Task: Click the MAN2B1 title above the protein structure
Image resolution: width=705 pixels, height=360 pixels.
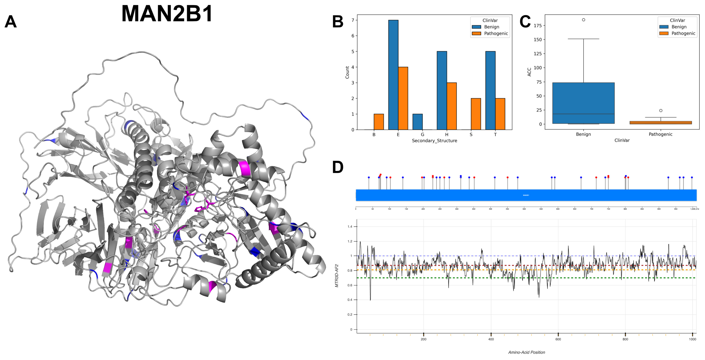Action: point(167,14)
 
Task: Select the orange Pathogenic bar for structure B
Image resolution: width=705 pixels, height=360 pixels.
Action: point(379,122)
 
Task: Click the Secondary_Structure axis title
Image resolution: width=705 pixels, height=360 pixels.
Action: point(434,141)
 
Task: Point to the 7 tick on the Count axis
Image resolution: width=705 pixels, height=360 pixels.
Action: point(353,20)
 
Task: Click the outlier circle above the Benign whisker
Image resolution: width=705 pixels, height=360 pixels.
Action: point(583,20)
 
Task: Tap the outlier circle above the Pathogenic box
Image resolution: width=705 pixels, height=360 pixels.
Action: point(661,111)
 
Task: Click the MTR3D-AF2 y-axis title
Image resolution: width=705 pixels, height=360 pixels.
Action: point(337,276)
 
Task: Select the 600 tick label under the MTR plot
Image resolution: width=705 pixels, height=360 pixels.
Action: point(558,339)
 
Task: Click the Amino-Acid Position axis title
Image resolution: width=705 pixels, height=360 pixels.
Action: point(526,352)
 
